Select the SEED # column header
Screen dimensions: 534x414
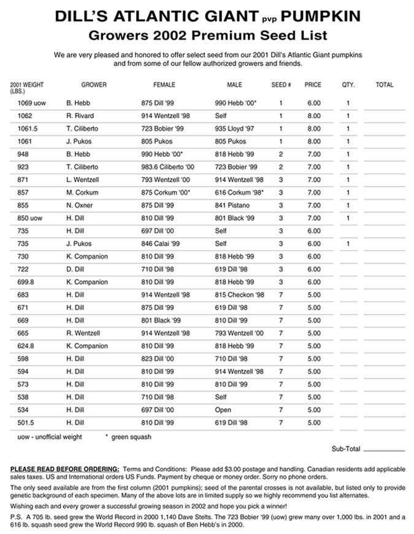click(x=281, y=85)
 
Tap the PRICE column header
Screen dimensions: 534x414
click(x=313, y=85)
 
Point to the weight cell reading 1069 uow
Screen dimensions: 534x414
click(x=29, y=103)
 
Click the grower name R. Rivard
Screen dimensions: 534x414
click(x=81, y=116)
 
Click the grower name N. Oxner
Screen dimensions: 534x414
click(x=80, y=205)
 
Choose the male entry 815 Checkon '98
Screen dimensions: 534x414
click(x=239, y=295)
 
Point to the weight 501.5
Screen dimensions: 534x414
click(x=26, y=423)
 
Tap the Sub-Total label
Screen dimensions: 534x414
click(x=346, y=449)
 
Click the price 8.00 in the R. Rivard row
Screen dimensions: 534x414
click(x=313, y=116)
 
